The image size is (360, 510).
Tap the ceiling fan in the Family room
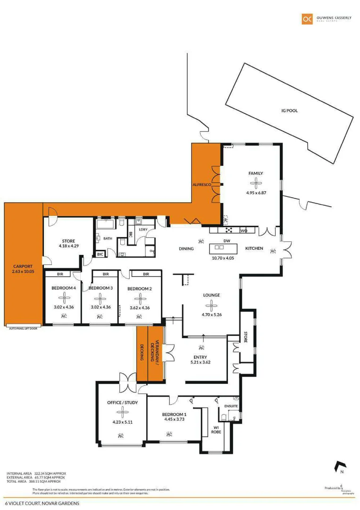(x=255, y=183)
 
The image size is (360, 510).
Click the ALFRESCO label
(x=201, y=185)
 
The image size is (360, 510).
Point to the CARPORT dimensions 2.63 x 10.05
(x=23, y=272)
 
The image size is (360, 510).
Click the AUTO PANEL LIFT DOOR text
(x=23, y=328)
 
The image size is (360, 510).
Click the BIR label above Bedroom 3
(x=106, y=274)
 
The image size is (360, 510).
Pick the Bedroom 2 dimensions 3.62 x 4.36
(x=140, y=307)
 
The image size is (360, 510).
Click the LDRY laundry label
(x=143, y=229)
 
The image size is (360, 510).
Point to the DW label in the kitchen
(x=226, y=240)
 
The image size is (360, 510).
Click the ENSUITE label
(x=231, y=406)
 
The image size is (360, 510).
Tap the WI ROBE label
(x=216, y=429)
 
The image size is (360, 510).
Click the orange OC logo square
(x=307, y=18)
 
